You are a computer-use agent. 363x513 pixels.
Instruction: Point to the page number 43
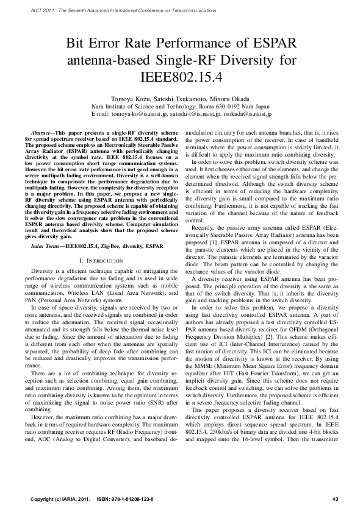click(x=335, y=499)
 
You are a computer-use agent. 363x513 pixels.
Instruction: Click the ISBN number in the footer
click(x=131, y=499)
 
